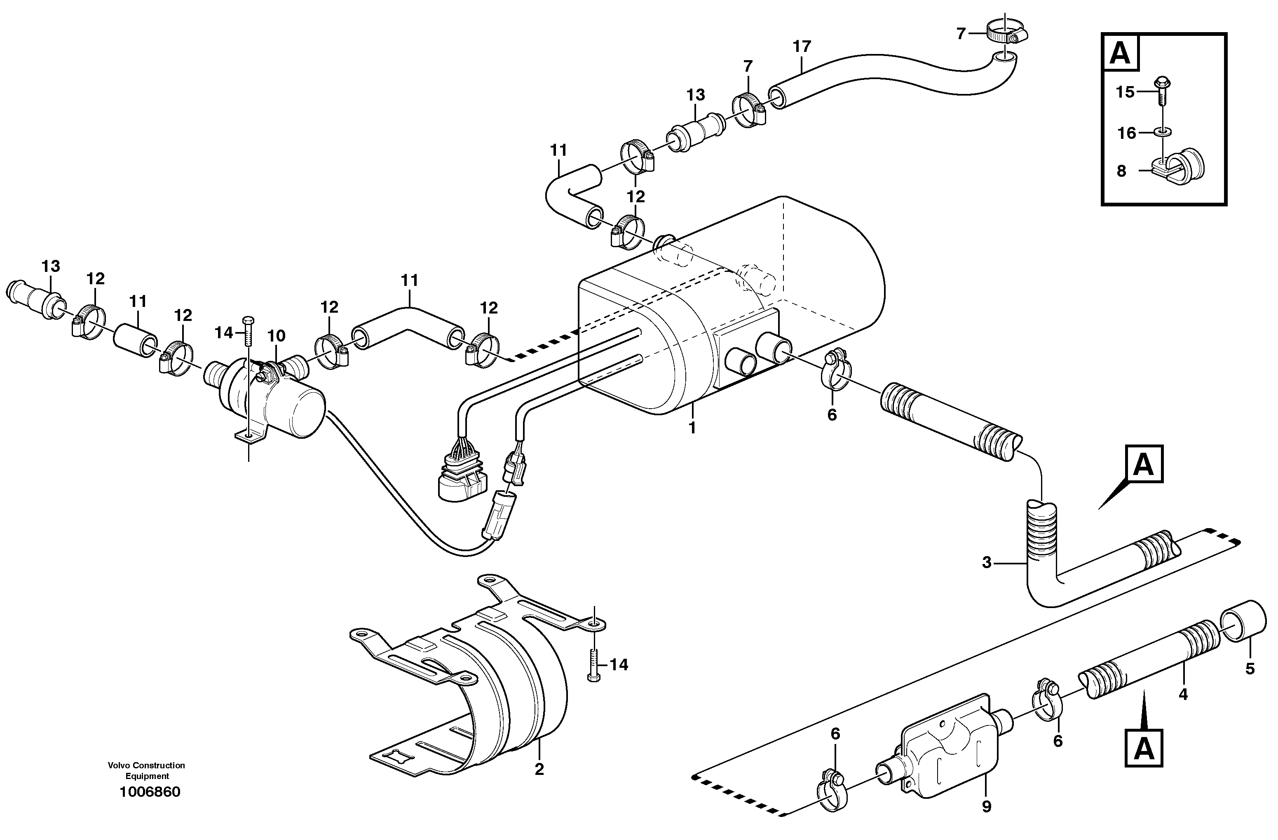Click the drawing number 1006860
[x=150, y=792]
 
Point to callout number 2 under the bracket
[x=539, y=769]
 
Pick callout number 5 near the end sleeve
[x=1250, y=669]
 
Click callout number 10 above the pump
[x=276, y=337]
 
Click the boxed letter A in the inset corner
[x=1120, y=53]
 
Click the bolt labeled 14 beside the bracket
[x=594, y=665]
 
